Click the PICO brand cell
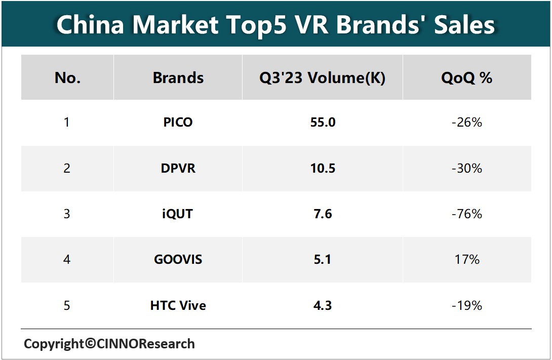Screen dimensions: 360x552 [178, 123]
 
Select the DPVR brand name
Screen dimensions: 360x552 [178, 168]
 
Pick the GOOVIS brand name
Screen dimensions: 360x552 [178, 260]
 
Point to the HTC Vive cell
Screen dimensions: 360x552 [178, 305]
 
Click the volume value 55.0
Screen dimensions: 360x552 [323, 123]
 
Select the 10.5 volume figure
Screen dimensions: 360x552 [323, 168]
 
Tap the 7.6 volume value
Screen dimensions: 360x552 [323, 214]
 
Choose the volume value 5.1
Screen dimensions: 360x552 [323, 260]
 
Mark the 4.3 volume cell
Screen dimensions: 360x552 [323, 305]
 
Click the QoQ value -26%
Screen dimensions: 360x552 [466, 123]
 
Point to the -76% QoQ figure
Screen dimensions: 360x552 [466, 214]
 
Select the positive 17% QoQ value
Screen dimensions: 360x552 [466, 260]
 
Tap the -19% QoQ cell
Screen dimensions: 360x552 [466, 305]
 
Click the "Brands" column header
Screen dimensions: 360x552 [178, 78]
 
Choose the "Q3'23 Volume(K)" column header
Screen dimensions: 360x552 [323, 78]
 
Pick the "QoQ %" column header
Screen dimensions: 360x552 [466, 78]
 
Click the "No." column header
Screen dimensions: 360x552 [67, 78]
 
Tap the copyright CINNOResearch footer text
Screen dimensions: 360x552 [109, 344]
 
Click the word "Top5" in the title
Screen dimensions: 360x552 [269, 24]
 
